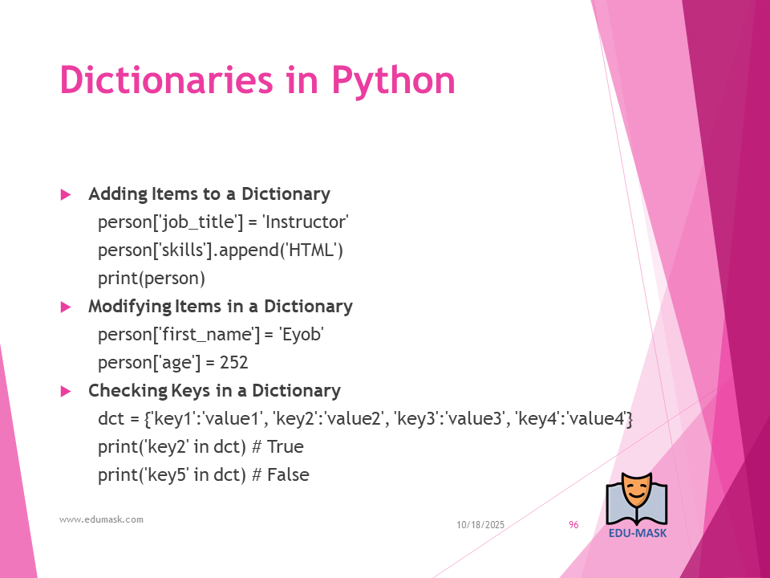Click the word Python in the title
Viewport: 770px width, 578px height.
(x=393, y=81)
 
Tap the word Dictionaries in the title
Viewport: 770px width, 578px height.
(x=166, y=79)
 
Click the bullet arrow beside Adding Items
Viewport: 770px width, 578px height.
(x=66, y=194)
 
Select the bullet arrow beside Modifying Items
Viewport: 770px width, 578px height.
(x=66, y=307)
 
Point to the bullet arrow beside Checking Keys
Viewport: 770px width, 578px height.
(x=66, y=391)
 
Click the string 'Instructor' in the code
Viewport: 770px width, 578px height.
(x=306, y=222)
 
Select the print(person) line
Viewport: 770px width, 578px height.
(x=152, y=279)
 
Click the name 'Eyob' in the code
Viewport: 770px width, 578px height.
(x=301, y=335)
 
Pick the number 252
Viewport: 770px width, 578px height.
(x=233, y=363)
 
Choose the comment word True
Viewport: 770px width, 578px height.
(x=285, y=447)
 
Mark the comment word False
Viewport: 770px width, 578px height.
(x=288, y=474)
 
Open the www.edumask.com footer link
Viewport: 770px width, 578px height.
(x=101, y=519)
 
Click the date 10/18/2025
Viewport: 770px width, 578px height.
(x=480, y=525)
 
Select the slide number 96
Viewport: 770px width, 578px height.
(x=573, y=525)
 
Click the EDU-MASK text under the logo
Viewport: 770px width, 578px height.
(x=638, y=533)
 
